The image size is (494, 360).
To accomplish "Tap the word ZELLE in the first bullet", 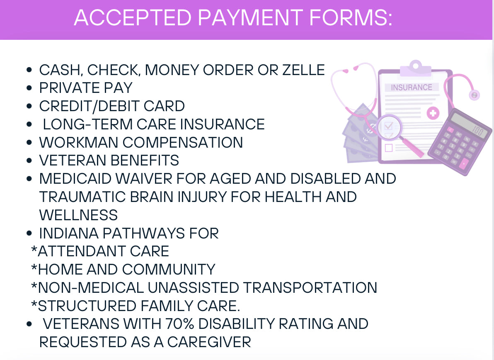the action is (x=303, y=70).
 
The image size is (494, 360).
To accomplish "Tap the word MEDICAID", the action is (x=75, y=179).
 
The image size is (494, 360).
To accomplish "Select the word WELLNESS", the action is (x=78, y=215).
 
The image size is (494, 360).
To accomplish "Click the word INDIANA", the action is (x=69, y=234).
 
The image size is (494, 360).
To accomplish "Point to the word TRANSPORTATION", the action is (x=310, y=288).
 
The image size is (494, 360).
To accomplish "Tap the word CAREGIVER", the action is (x=209, y=342).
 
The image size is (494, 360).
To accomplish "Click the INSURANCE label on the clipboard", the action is (x=412, y=88).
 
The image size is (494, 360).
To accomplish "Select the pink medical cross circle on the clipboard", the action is (x=433, y=113).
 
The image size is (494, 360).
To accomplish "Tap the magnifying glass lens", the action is (x=389, y=128).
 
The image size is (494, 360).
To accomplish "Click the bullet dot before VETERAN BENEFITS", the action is (x=29, y=161).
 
